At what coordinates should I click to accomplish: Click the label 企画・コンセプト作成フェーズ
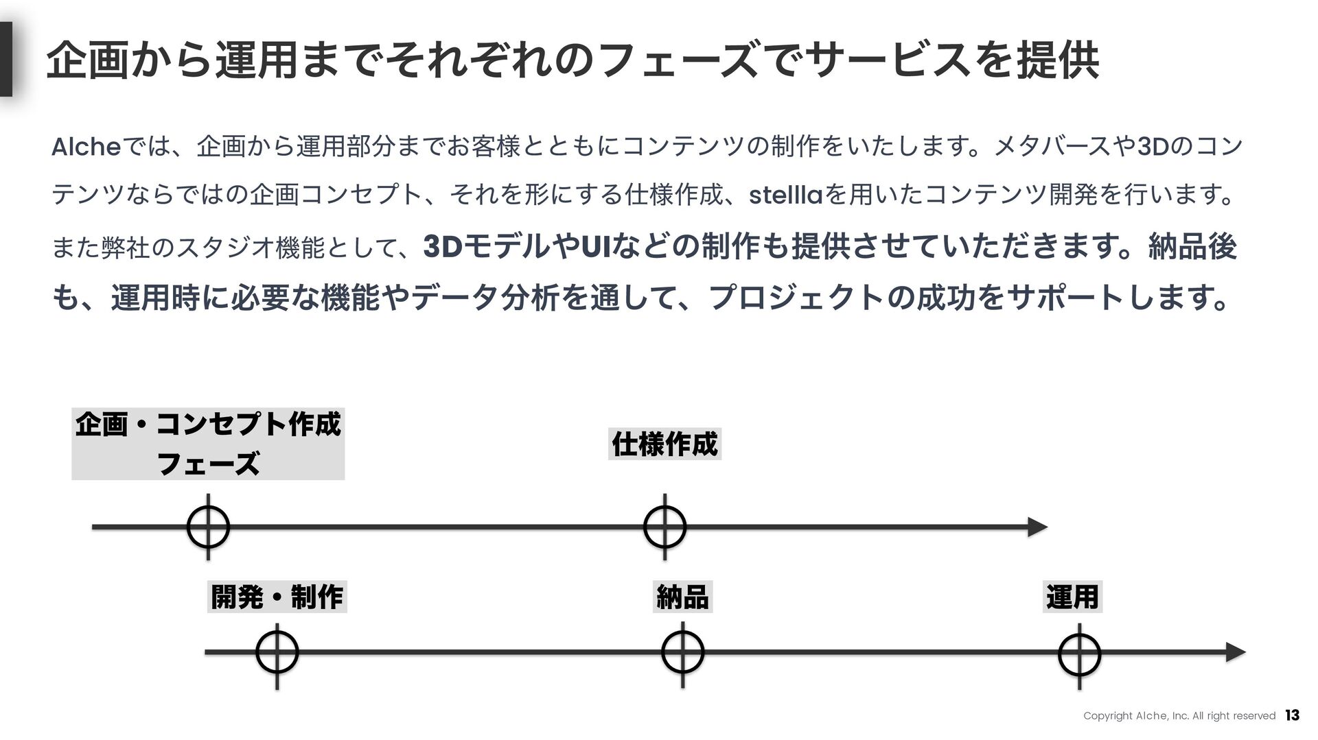coord(208,443)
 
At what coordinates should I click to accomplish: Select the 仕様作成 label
coord(664,444)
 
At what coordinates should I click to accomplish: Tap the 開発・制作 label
coord(277,596)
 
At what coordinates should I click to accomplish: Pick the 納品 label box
coord(682,596)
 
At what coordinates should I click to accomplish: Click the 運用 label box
coord(1072,596)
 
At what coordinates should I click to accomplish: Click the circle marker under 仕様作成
coord(664,527)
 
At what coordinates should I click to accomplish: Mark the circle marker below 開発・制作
coord(277,653)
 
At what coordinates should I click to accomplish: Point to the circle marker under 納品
coord(682,653)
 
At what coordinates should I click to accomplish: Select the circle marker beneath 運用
coord(1079,654)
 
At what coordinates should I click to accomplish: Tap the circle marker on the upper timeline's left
coord(208,527)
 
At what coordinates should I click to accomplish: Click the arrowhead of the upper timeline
coord(1037,527)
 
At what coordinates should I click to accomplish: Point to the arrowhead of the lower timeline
coord(1236,652)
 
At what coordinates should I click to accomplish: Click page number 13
coord(1292,715)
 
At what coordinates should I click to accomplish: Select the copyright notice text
coord(1179,716)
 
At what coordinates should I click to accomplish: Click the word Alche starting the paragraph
coord(86,147)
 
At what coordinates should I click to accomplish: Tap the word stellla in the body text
coord(785,196)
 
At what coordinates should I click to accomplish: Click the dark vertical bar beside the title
coord(6,59)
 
